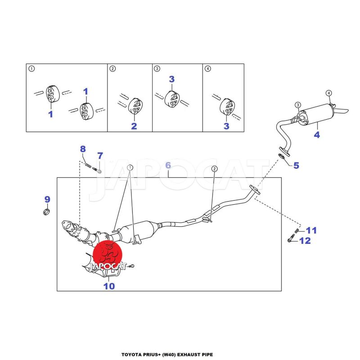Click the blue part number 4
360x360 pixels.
(x=317, y=135)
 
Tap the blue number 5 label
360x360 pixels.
(x=296, y=165)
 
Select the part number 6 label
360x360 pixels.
(x=168, y=165)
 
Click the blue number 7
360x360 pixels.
(x=100, y=156)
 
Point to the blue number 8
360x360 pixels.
(x=83, y=149)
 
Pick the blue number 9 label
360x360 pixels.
(x=47, y=199)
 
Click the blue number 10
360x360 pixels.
(x=109, y=285)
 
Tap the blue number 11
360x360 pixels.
(x=311, y=230)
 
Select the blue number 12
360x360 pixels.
(x=305, y=241)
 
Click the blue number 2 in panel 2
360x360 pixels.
(x=134, y=126)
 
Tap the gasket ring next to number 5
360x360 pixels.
(x=282, y=156)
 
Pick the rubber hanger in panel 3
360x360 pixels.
(x=172, y=98)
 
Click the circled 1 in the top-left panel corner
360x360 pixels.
(x=31, y=69)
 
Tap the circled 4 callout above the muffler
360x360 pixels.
(x=328, y=93)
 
